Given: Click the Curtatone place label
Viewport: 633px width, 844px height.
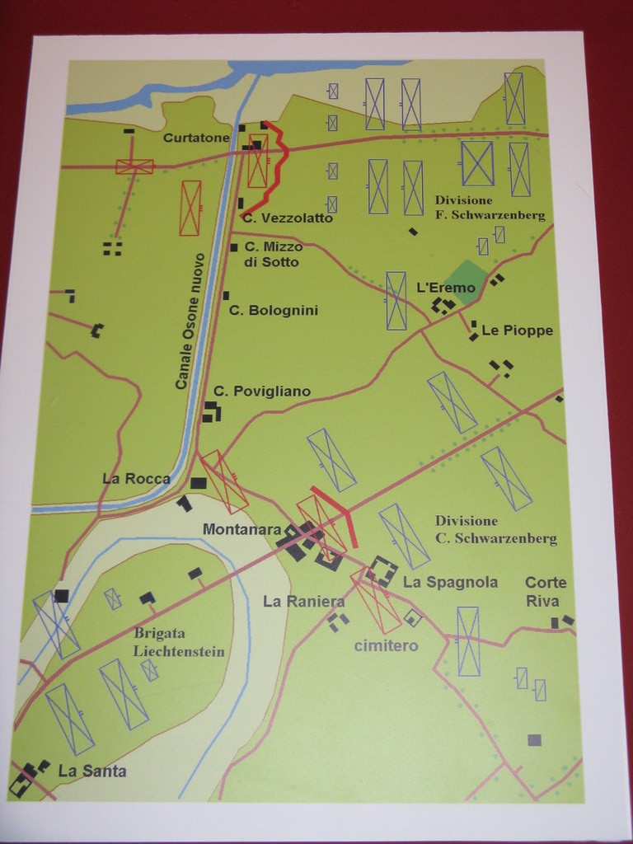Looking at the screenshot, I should [195, 138].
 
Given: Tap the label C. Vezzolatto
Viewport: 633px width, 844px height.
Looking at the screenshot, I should [288, 218].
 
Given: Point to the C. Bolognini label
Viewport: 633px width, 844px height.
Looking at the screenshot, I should [273, 311].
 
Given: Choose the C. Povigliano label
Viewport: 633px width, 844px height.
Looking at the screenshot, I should [262, 392].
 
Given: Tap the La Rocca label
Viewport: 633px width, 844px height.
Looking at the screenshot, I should [136, 478].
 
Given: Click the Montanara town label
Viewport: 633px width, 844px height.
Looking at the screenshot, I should [242, 529].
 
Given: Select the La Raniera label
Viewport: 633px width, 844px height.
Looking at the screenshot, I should [303, 602].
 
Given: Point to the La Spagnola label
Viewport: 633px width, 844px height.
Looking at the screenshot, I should [450, 582].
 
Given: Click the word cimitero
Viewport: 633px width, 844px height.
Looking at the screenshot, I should [386, 645].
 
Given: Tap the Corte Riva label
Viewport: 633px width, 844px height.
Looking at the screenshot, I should [546, 591].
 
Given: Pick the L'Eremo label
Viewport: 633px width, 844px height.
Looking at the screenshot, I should [446, 288].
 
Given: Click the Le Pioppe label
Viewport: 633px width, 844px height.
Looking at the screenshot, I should [517, 331].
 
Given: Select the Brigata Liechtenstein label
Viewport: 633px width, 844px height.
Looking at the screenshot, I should [179, 641].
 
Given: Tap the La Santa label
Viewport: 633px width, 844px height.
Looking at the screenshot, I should [92, 771].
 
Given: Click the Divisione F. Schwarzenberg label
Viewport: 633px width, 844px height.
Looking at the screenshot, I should [490, 208].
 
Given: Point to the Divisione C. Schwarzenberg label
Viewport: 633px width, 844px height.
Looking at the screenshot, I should [495, 529].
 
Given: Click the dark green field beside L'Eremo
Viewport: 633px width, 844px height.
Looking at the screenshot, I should [466, 279].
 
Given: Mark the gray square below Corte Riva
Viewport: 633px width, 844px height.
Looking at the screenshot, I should [535, 739].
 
